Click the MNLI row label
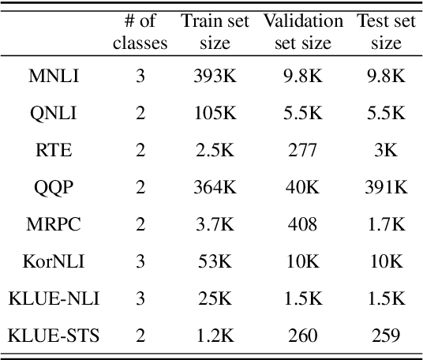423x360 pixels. pyautogui.click(x=54, y=77)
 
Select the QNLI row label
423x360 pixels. pyautogui.click(x=54, y=114)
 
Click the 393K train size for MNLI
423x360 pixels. pyautogui.click(x=215, y=77)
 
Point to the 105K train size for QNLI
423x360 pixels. pyautogui.click(x=215, y=114)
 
